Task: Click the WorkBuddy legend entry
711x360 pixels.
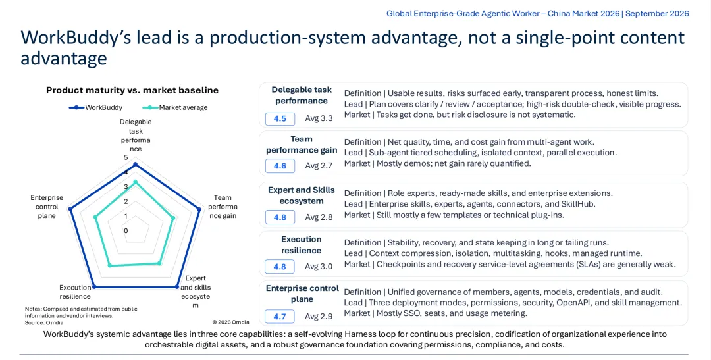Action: [x=95, y=107]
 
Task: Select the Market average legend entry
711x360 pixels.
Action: [x=175, y=107]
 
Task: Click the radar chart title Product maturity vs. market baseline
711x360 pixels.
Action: [x=132, y=90]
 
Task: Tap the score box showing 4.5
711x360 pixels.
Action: [x=280, y=118]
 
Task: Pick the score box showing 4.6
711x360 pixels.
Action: [x=280, y=166]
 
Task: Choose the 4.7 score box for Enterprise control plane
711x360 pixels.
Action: [x=280, y=316]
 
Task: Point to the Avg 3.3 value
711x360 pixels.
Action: [x=319, y=118]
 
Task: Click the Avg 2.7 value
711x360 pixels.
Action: [x=319, y=166]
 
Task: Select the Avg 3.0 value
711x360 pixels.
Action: [x=319, y=267]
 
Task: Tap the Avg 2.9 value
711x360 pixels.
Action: [x=319, y=316]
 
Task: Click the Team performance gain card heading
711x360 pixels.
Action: [x=302, y=145]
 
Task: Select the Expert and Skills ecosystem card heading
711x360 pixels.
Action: [x=302, y=195]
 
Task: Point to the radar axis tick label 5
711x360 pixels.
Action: [x=126, y=157]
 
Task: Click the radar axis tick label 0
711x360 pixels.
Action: [x=126, y=230]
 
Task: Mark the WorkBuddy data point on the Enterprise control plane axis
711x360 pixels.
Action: [x=70, y=209]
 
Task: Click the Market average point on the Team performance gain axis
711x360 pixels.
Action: [x=173, y=218]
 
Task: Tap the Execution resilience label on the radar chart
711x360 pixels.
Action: [x=75, y=292]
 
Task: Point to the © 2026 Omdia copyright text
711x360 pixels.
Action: [x=230, y=322]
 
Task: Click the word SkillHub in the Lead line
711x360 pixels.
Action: [x=576, y=204]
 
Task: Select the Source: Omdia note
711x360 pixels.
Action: [x=44, y=323]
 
